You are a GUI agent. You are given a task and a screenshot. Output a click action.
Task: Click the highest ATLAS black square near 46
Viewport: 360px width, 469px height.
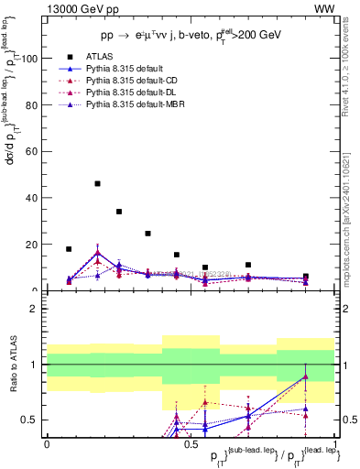[97, 183]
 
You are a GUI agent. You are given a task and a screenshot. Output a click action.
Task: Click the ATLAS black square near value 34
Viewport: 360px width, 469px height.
[119, 212]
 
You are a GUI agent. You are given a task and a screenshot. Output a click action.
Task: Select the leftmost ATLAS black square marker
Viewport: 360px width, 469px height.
[69, 249]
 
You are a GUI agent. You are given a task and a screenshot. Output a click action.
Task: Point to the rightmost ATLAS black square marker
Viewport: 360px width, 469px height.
[306, 277]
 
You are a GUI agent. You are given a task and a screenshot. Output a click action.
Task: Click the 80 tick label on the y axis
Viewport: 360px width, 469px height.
[31, 105]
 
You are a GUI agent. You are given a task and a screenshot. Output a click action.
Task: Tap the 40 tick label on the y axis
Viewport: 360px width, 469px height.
[31, 198]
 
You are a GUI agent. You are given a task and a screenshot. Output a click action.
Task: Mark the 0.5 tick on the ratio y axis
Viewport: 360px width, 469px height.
[30, 420]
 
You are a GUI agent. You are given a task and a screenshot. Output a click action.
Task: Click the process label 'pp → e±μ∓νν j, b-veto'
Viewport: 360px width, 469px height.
[165, 36]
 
